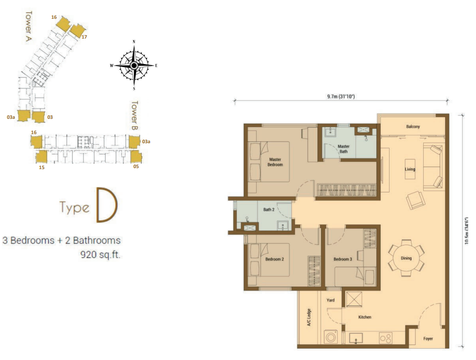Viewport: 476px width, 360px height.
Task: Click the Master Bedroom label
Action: (x=275, y=162)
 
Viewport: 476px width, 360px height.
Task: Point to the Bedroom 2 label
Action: (x=274, y=259)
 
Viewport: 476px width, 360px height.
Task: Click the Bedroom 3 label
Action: (x=342, y=259)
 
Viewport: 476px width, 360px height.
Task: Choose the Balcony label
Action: (x=412, y=126)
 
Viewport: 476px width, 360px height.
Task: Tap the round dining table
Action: (x=406, y=258)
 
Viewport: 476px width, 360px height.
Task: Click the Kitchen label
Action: (x=364, y=317)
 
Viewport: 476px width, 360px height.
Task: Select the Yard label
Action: (x=330, y=300)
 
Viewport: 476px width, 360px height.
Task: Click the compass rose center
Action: (x=134, y=66)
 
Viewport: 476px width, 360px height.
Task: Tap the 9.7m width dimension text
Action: (x=341, y=97)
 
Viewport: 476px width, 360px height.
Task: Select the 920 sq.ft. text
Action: (x=100, y=255)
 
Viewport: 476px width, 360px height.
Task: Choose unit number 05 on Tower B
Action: (x=136, y=166)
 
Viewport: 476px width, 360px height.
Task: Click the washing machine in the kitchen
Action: (x=331, y=337)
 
